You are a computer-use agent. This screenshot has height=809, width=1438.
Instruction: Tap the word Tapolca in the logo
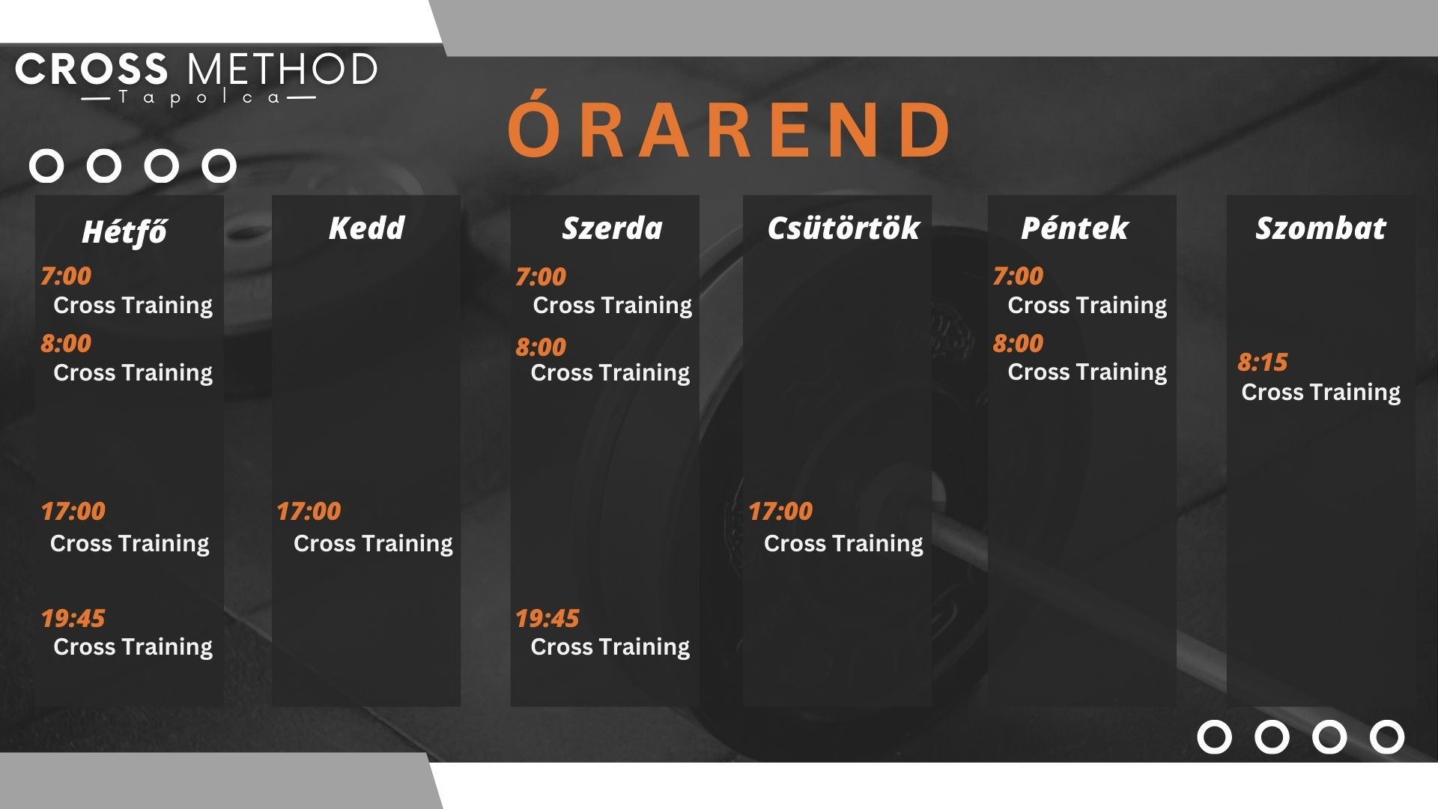(198, 98)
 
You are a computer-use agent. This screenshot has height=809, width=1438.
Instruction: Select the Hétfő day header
(124, 231)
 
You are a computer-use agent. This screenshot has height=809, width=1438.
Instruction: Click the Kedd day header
(366, 228)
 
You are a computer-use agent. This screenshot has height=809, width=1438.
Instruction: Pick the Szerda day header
(612, 228)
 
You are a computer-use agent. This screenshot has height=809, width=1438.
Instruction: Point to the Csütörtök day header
(843, 228)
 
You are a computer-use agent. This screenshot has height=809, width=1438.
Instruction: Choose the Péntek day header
(1075, 228)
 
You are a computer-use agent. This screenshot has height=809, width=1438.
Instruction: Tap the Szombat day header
(1320, 228)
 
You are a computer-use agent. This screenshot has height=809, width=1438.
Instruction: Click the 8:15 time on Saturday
(1263, 363)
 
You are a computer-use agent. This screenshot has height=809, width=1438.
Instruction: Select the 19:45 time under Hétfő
(73, 618)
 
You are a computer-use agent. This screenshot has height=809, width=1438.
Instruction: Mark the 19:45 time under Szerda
(547, 618)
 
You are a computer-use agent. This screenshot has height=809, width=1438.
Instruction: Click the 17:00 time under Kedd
(309, 511)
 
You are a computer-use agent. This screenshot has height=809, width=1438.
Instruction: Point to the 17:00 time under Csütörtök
(780, 511)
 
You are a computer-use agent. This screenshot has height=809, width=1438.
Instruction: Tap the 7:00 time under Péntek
(1018, 276)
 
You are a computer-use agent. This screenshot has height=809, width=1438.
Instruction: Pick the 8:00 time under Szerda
(541, 347)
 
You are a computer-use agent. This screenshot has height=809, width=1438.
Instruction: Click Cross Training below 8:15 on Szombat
(1320, 392)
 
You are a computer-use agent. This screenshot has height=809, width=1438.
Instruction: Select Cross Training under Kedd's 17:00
(373, 543)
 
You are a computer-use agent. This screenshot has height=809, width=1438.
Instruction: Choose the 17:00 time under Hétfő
(73, 511)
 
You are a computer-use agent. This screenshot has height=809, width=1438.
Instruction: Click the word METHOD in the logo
(282, 69)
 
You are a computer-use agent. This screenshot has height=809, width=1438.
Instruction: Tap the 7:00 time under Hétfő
(66, 276)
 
